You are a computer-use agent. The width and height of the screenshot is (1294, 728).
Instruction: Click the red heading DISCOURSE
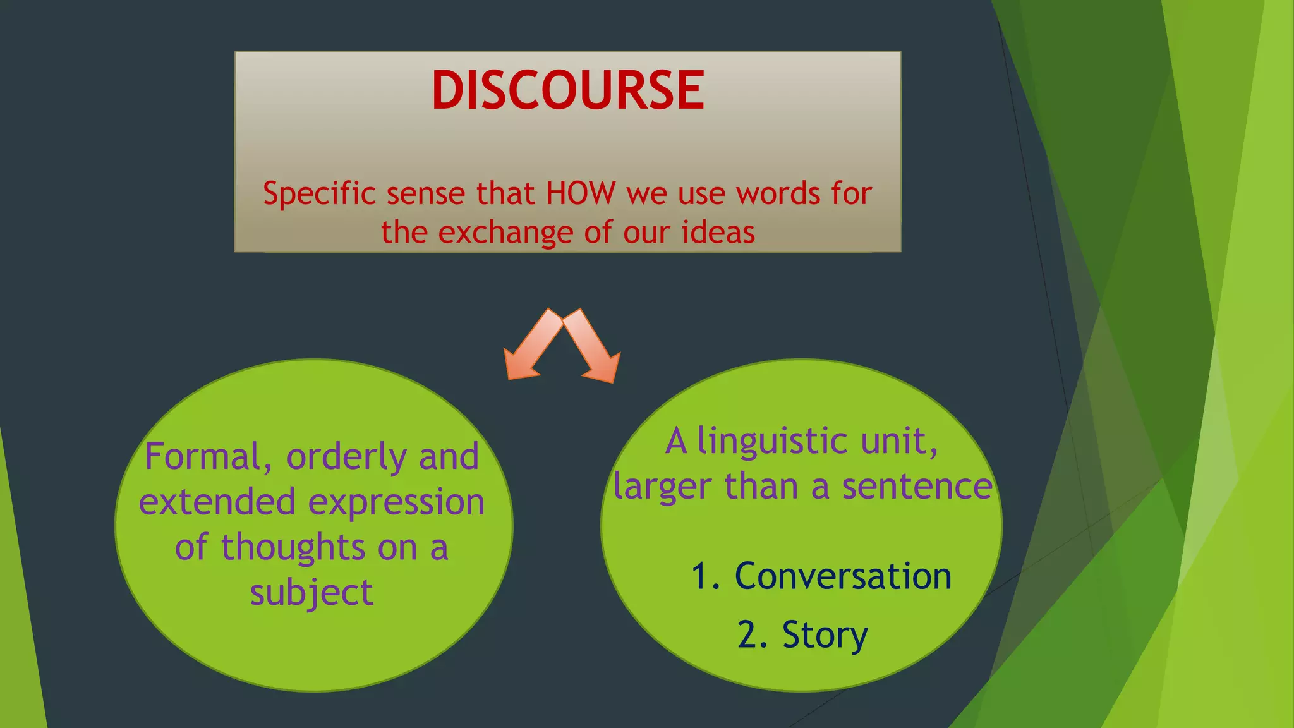(x=567, y=90)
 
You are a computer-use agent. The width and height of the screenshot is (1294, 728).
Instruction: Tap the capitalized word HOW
(x=580, y=193)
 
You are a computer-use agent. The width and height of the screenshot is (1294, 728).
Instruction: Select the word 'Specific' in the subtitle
(x=319, y=193)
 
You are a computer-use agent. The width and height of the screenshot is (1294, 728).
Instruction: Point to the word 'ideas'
(x=718, y=232)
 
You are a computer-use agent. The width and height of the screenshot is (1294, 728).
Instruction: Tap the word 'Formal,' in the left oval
(x=209, y=457)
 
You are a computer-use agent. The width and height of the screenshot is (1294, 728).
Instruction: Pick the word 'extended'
(x=217, y=502)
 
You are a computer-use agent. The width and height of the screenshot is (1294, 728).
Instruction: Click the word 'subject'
(x=311, y=593)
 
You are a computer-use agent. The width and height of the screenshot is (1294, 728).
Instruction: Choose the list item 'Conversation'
(x=843, y=576)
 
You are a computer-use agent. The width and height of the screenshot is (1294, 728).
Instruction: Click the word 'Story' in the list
(x=825, y=634)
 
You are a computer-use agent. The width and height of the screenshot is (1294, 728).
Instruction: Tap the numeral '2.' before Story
(x=753, y=634)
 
